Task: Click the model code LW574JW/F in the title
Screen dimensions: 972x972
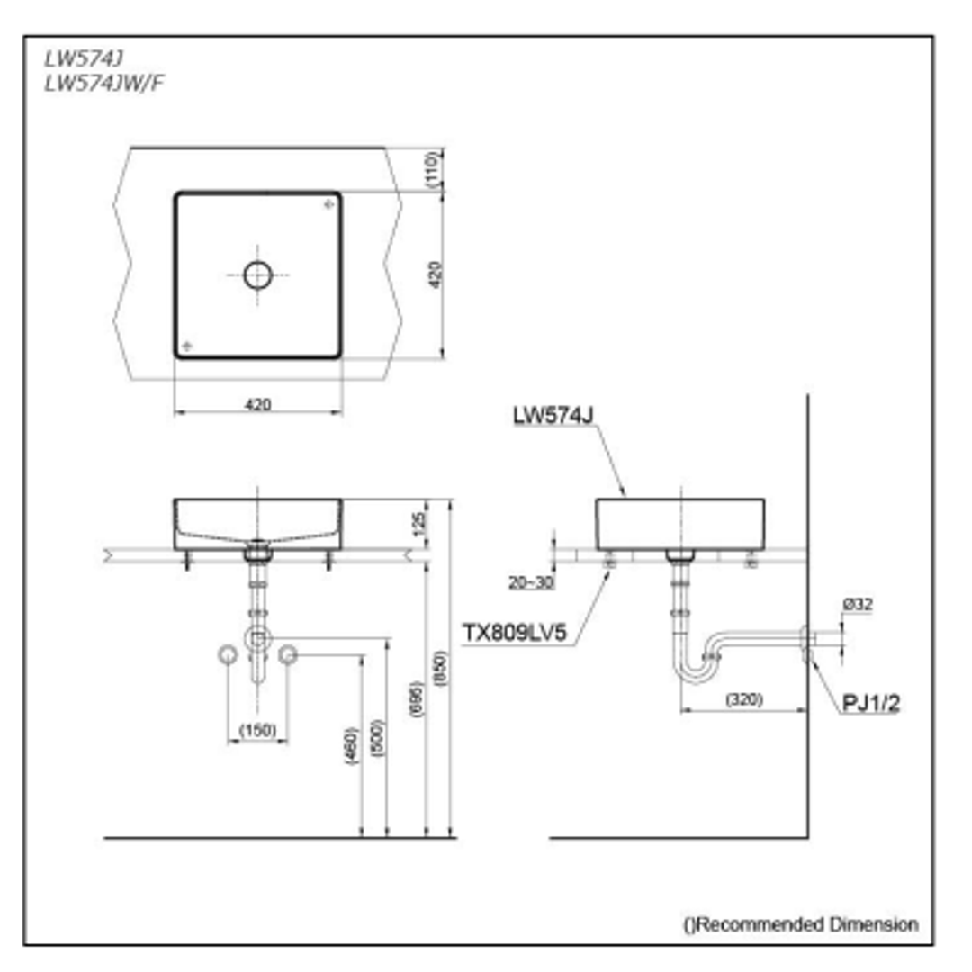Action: [x=104, y=83]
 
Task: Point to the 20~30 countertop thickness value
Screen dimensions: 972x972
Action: [x=530, y=582]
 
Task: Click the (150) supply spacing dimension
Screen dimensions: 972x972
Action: [x=257, y=730]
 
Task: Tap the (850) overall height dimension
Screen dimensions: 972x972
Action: [x=441, y=670]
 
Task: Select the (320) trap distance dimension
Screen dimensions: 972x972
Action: [x=742, y=698]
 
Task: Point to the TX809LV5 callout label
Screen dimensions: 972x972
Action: [x=514, y=634]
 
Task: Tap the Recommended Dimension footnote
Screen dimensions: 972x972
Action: [x=800, y=924]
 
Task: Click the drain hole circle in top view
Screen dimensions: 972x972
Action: [x=258, y=274]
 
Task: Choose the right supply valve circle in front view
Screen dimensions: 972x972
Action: [x=288, y=655]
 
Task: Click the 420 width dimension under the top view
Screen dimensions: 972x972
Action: [x=257, y=404]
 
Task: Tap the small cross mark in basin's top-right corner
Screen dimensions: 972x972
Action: [x=328, y=205]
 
